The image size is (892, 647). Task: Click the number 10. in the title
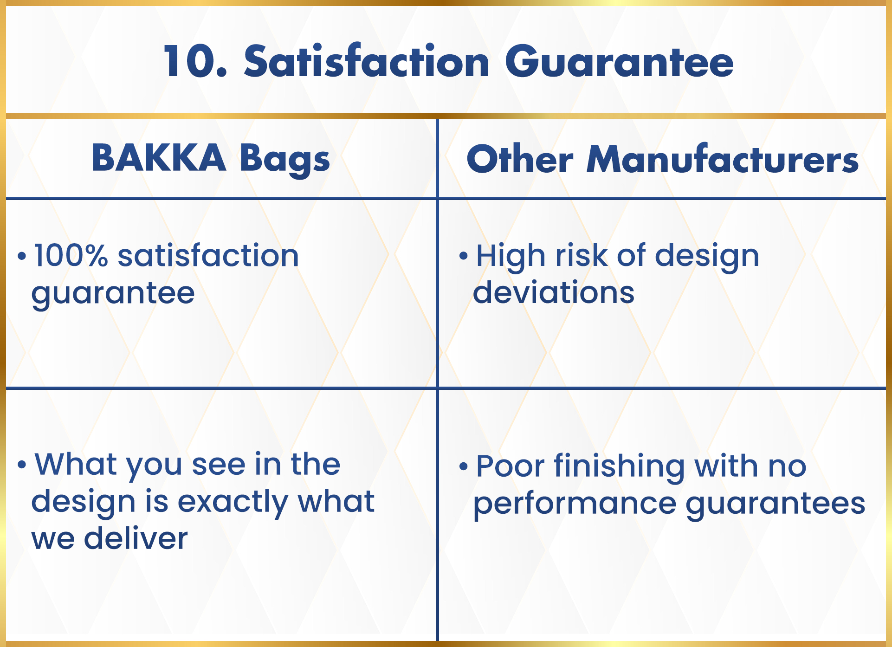195,61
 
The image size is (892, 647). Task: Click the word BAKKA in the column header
159,158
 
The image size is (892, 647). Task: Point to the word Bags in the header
285,160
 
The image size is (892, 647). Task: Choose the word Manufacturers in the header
723,159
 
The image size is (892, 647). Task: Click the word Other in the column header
520,159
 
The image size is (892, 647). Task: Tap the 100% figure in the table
71,256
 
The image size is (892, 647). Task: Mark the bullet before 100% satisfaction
21,256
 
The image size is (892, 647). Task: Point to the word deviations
554,292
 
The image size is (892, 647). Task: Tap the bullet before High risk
463,256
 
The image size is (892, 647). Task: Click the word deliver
136,538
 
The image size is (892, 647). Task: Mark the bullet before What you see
21,464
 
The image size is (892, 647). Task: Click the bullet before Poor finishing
463,466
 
